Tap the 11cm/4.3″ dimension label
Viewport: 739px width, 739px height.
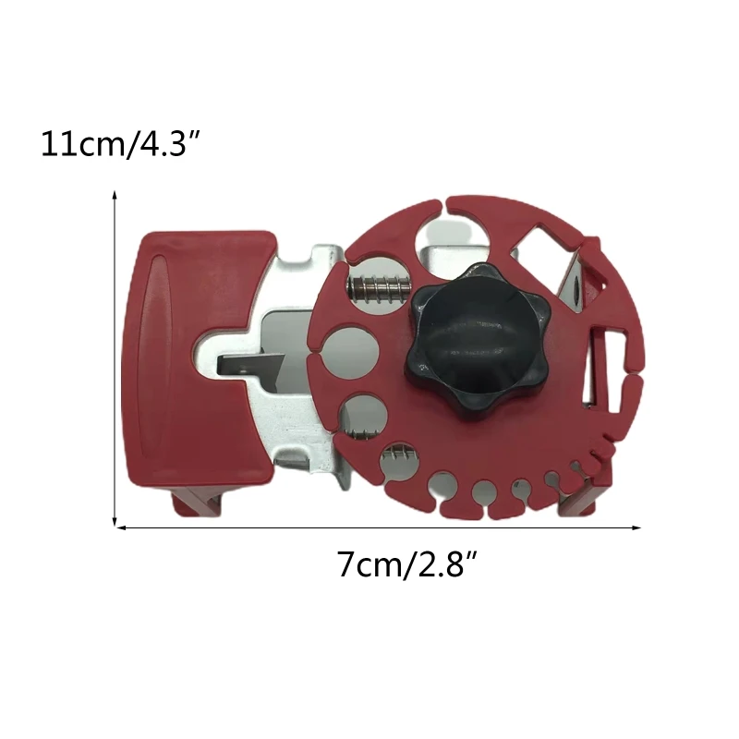tap(121, 144)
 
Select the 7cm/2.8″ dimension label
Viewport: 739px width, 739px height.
tap(407, 563)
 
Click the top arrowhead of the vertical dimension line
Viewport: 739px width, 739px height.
tap(115, 194)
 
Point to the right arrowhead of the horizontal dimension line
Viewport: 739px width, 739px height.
tap(636, 527)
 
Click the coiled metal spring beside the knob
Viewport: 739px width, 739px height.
tap(379, 288)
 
